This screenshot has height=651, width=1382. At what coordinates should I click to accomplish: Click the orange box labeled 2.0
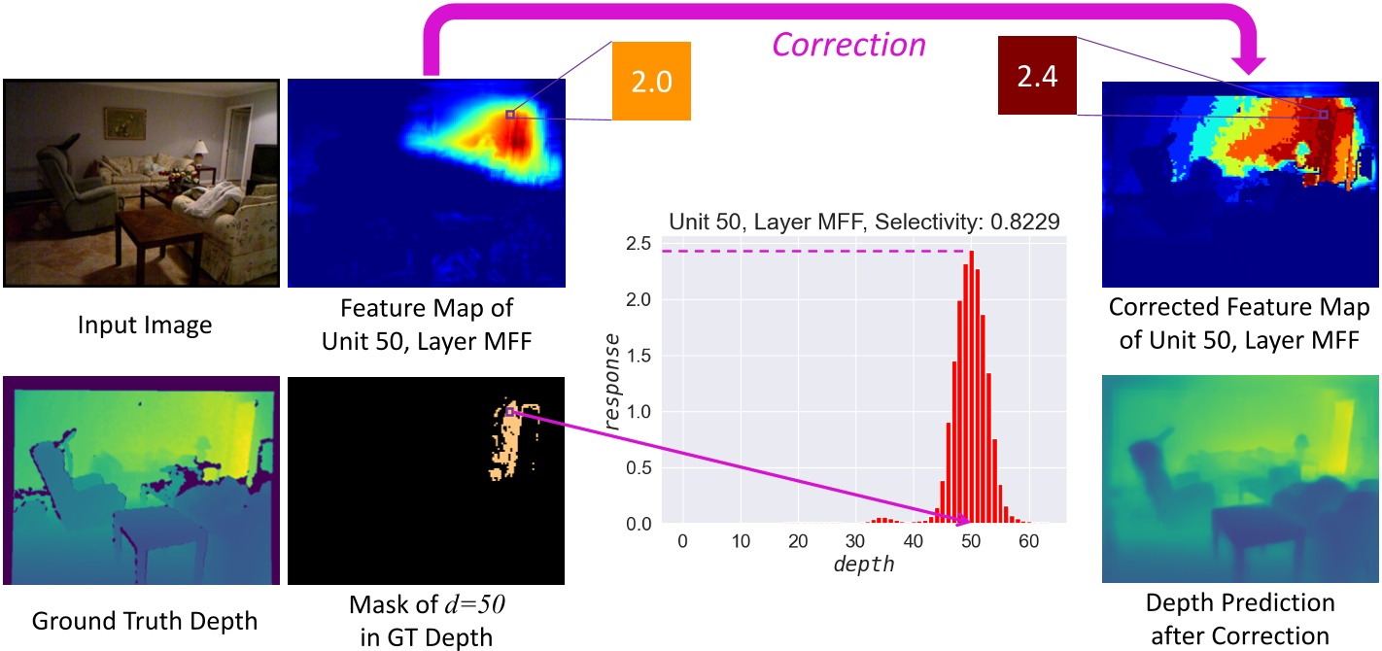pos(651,81)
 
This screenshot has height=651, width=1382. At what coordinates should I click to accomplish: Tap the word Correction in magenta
pos(849,45)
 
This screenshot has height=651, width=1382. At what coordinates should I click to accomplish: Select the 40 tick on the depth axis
pos(914,540)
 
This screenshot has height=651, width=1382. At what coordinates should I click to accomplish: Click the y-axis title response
pos(612,382)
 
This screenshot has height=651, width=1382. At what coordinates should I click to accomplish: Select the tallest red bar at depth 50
pos(971,389)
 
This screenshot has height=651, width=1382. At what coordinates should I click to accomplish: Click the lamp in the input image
pos(201,152)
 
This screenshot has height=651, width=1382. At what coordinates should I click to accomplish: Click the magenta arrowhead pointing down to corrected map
pos(1252,63)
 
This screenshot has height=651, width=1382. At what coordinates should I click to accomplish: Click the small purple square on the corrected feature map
pos(1323,115)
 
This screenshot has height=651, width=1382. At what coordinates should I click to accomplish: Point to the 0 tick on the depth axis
pos(682,540)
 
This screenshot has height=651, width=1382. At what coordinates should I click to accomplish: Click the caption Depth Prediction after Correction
pos(1239,619)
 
